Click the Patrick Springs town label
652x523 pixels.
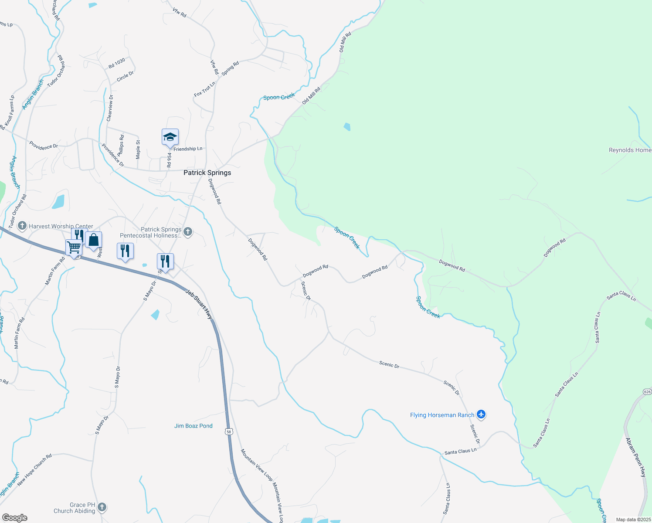coord(207,173)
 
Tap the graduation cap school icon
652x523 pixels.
coord(170,137)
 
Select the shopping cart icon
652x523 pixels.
coord(74,247)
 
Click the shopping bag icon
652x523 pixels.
coord(93,240)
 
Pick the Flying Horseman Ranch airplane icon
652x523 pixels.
coord(481,414)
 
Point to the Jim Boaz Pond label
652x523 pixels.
coord(194,426)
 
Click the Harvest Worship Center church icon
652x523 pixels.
coord(22,226)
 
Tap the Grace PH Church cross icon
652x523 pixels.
coord(102,507)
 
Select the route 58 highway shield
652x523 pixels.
coord(229,431)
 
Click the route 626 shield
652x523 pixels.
coord(647,392)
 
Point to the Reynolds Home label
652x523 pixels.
coord(630,150)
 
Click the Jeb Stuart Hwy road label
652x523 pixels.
coord(199,304)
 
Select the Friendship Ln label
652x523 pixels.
coord(188,149)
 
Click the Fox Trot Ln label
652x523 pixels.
coord(204,89)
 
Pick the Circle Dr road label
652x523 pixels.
coord(125,77)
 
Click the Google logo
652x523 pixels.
coord(14,518)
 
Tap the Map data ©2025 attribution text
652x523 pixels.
coord(633,520)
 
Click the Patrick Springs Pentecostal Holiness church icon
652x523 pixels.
coord(188,232)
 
